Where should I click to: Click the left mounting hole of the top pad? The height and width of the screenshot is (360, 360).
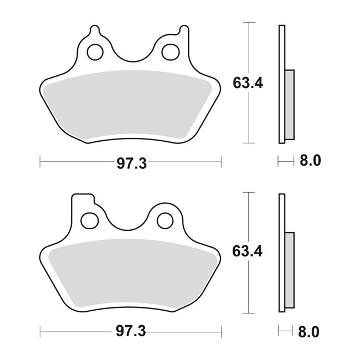95,52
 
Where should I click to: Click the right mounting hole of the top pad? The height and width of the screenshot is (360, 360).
171,52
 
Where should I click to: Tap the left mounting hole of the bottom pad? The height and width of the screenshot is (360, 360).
90,220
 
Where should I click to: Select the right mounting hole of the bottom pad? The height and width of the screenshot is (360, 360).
165,220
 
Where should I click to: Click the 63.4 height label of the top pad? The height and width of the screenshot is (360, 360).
248,83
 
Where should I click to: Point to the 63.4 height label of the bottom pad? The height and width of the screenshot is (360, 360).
247,251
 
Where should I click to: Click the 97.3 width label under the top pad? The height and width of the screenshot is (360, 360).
132,164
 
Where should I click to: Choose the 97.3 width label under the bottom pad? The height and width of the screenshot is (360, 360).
131,331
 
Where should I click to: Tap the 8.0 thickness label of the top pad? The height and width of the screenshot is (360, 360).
310,161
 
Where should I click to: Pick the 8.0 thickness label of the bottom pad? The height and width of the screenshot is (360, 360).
308,332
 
